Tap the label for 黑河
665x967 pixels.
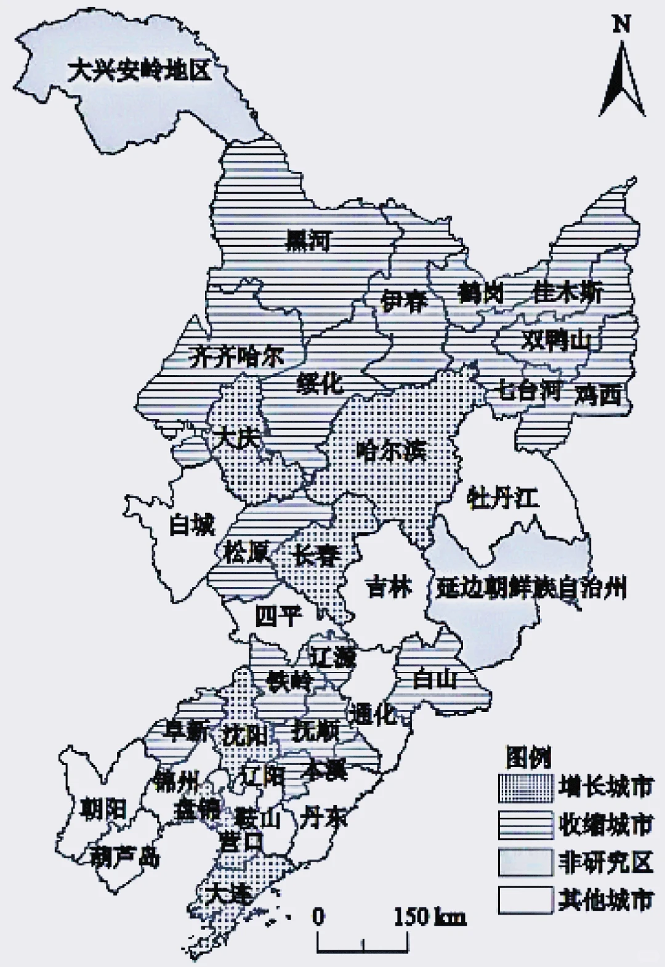(308, 240)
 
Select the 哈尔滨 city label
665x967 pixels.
(392, 451)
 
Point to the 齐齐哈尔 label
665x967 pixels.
(236, 355)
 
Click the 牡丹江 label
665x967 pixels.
(503, 496)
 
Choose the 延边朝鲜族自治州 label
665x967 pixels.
(531, 588)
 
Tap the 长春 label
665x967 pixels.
(316, 556)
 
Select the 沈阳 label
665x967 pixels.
(245, 735)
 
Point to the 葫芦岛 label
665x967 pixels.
(125, 856)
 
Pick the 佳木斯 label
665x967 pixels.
(568, 292)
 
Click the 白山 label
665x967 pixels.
(435, 679)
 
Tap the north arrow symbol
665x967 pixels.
(623, 80)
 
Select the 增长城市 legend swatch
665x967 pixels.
(525, 788)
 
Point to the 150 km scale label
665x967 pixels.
(429, 917)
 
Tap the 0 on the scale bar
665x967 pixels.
(318, 917)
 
